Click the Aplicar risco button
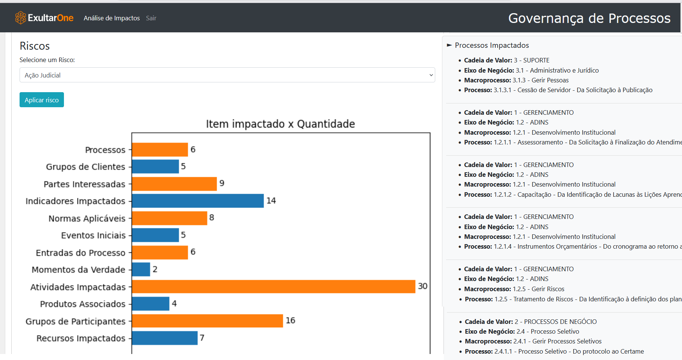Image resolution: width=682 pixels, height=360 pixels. [x=42, y=100]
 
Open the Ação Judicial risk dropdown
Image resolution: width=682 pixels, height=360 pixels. [x=227, y=75]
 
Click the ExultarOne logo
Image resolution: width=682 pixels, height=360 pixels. [x=44, y=18]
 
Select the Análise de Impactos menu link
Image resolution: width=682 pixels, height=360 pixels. [x=112, y=18]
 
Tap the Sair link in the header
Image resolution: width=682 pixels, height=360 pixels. [x=151, y=18]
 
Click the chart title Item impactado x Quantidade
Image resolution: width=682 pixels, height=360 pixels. [x=280, y=124]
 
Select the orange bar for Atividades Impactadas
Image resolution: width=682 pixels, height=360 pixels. [x=273, y=287]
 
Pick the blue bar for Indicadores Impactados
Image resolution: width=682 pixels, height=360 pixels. [x=197, y=201]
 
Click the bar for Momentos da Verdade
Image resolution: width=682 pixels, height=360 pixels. [x=141, y=269]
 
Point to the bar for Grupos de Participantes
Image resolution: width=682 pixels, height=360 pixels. [x=207, y=321]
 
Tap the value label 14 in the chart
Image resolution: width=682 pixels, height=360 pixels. [x=271, y=201]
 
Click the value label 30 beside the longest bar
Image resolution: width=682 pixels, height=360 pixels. [x=422, y=286]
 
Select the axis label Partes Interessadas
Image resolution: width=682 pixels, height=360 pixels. [x=84, y=184]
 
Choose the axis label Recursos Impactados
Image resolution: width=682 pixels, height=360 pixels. [x=81, y=338]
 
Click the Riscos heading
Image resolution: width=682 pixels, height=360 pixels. [x=35, y=46]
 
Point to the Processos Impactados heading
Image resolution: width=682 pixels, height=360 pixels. [x=492, y=46]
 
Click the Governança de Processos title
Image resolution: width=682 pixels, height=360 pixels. [x=589, y=18]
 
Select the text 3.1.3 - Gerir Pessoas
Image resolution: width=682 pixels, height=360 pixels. [x=541, y=80]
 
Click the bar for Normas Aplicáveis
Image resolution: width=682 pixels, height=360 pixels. [x=169, y=218]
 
